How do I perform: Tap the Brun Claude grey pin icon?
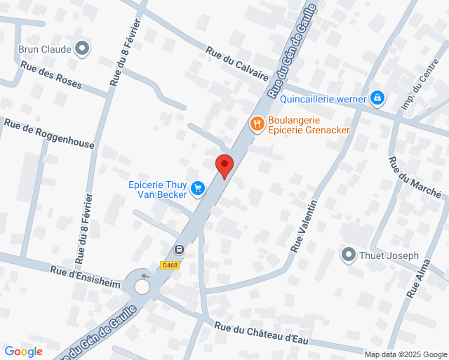point(83,48)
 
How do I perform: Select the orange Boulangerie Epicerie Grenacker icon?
point(257,124)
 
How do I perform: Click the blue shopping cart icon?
point(198,188)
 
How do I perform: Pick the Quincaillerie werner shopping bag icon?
point(377,98)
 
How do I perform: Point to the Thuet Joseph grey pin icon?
point(348,255)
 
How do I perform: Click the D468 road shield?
point(170,265)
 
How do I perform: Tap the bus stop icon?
point(179,248)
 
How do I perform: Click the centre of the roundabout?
point(142,286)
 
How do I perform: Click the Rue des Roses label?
point(51,76)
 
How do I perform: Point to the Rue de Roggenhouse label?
point(49,133)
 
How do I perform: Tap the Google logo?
point(24,352)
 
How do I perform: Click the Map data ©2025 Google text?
point(406,354)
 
